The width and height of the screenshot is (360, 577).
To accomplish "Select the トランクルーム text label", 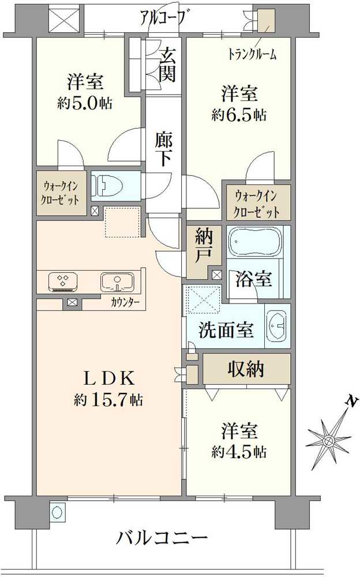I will (252, 55).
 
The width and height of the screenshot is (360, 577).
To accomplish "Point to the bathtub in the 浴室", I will (254, 242).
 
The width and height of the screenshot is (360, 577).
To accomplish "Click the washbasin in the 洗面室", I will (277, 326).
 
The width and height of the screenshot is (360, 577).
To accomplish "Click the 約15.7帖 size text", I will (108, 399).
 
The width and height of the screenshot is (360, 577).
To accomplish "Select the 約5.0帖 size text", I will (85, 103).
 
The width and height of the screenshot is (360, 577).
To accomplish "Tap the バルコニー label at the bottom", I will (162, 540).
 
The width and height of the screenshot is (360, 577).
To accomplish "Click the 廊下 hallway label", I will (164, 149).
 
